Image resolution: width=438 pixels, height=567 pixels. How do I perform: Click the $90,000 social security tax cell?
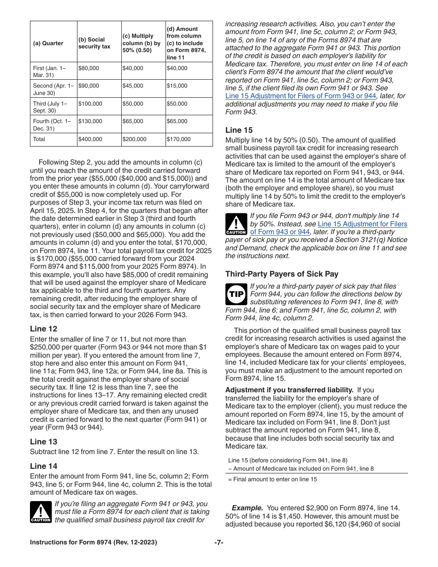[89, 86]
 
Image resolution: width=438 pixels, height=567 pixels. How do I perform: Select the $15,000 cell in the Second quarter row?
[177, 86]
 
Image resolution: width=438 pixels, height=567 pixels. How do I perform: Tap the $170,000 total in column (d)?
[178, 139]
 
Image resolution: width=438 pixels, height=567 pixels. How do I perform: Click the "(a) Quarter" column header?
[48, 43]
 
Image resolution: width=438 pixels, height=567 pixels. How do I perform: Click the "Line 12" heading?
[44, 329]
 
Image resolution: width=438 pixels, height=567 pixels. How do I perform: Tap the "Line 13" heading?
[44, 442]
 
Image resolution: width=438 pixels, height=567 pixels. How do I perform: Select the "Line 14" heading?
[44, 466]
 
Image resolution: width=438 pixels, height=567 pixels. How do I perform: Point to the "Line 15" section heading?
[239, 130]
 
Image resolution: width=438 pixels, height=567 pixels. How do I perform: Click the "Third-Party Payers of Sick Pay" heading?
[282, 274]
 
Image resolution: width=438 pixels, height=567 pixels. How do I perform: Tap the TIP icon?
[236, 294]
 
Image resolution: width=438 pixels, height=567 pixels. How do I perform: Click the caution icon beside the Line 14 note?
[41, 512]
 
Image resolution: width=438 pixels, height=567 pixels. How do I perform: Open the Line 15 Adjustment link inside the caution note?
[362, 224]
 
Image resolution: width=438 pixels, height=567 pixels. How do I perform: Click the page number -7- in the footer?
[219, 543]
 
